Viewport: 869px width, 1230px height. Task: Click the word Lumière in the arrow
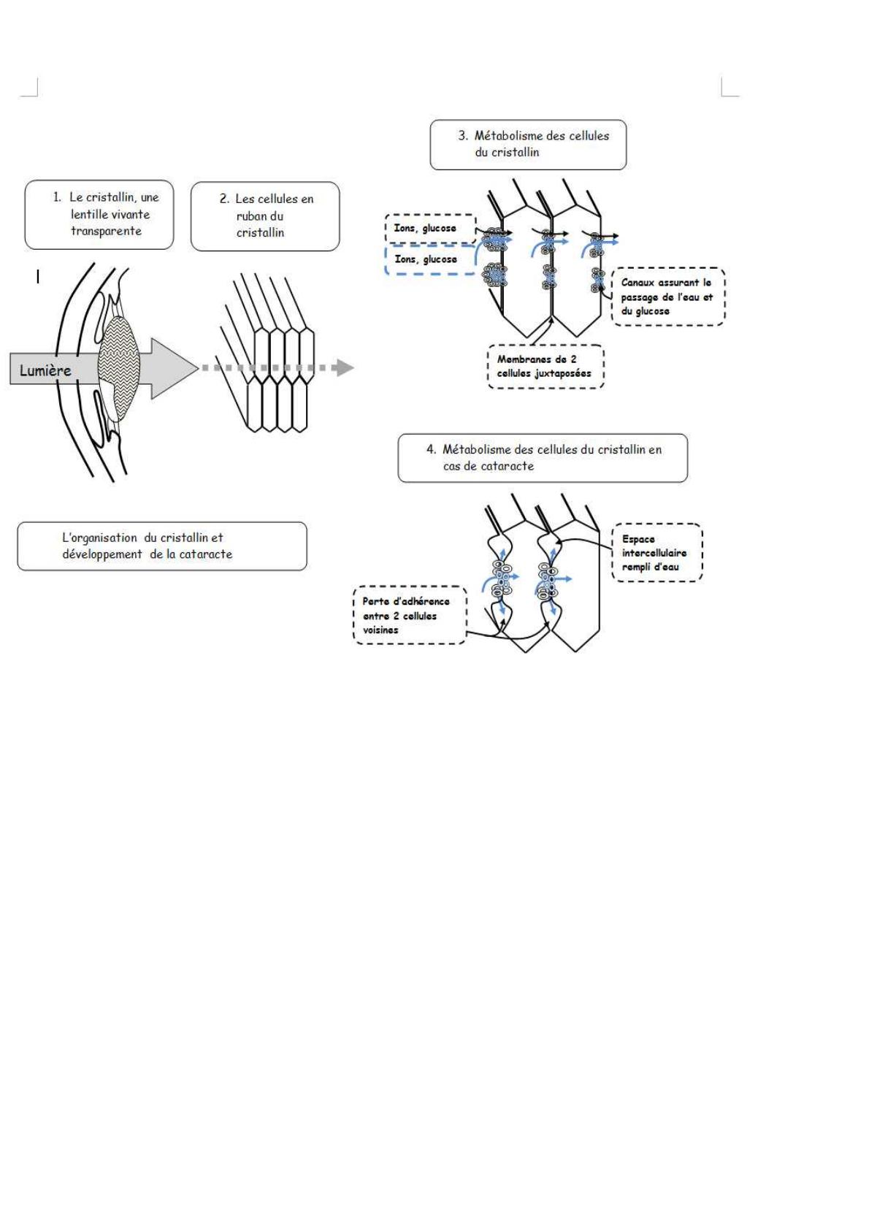45,370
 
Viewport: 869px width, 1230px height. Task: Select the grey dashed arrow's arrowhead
343,367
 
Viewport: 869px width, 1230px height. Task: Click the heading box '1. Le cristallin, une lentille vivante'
99,215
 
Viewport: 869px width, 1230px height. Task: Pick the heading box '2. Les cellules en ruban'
265,216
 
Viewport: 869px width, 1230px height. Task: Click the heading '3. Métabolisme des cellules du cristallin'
528,145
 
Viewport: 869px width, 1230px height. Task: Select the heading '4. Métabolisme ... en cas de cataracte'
543,458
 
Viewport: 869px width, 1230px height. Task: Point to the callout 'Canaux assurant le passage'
667,297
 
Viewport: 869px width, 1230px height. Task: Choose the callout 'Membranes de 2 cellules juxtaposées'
545,367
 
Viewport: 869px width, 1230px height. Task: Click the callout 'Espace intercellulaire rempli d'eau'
656,553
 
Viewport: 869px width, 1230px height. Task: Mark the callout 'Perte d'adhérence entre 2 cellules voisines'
409,616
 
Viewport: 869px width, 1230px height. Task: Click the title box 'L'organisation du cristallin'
161,546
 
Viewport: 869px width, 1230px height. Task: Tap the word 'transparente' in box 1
106,232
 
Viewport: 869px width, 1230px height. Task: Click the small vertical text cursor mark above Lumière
38,277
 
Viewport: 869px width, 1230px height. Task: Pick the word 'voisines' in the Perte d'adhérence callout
380,630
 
